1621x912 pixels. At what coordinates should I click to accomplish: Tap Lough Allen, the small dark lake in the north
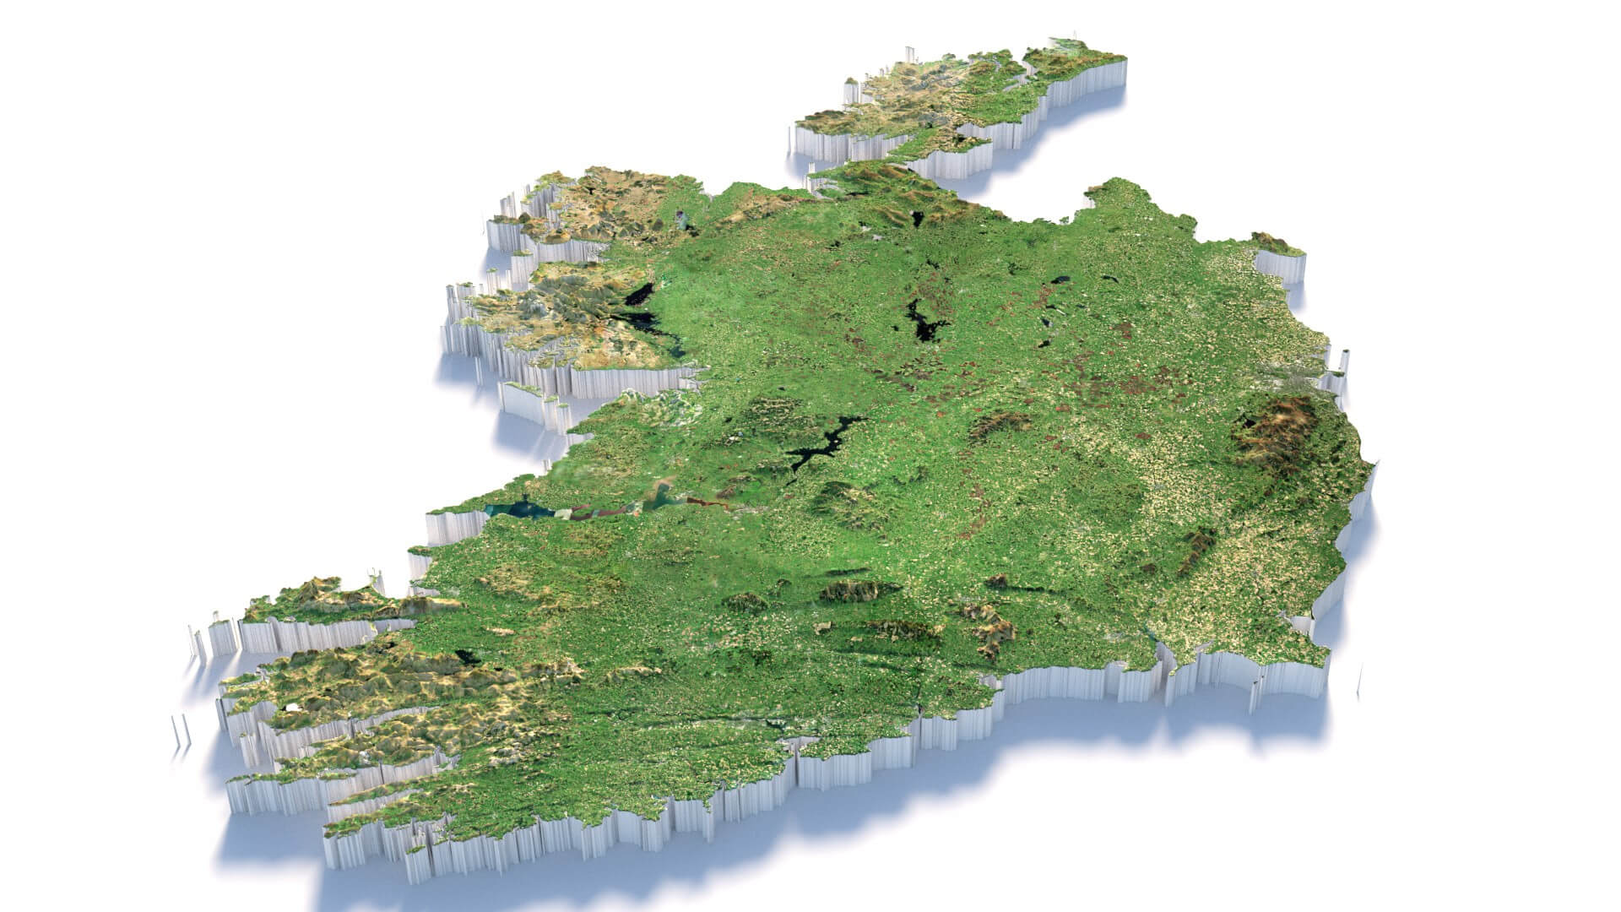916,219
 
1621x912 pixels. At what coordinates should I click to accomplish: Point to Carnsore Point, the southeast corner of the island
1317,650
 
